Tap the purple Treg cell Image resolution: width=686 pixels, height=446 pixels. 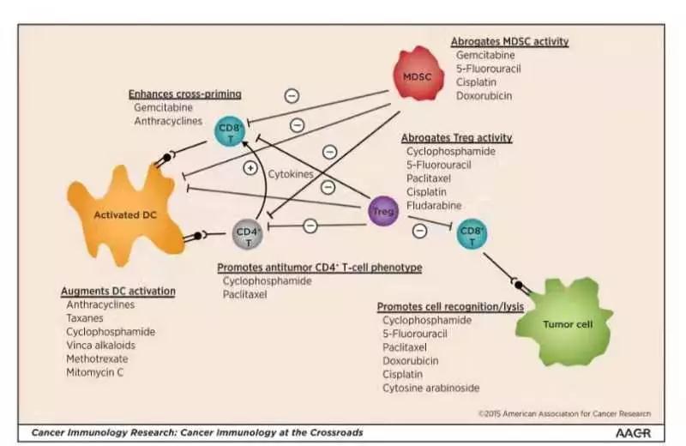coord(382,210)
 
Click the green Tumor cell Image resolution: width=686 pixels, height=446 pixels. coord(566,323)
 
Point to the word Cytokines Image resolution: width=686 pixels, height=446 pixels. coord(291,173)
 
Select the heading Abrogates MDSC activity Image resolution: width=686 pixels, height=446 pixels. coord(509,41)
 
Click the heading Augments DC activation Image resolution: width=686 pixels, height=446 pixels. coord(118,291)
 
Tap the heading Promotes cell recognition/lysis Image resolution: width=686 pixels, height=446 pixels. coord(450,306)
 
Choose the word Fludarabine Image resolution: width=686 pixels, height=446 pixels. coord(434,206)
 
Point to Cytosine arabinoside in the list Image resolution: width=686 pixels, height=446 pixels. coord(431,389)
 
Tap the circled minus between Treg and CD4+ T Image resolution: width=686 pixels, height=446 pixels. coord(310,225)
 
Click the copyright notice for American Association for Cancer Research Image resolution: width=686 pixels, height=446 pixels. coord(564,413)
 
